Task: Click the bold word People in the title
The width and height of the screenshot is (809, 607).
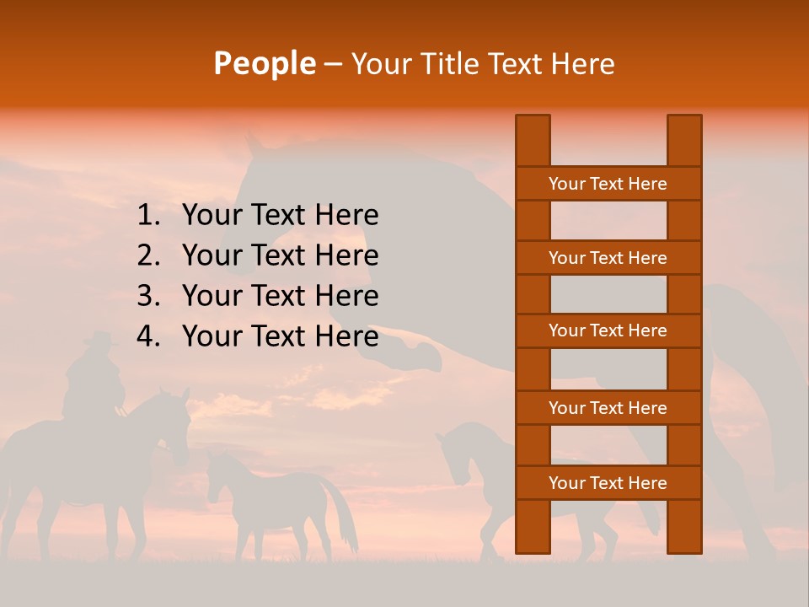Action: (265, 63)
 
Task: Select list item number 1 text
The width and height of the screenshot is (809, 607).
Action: (280, 215)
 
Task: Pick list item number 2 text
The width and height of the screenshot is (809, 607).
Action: (280, 255)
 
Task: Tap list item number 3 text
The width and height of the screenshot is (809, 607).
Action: (280, 296)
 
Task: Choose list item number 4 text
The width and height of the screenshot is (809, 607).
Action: (280, 336)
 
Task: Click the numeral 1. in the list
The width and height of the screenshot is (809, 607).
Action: (148, 215)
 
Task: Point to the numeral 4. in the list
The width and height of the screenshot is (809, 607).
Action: (148, 336)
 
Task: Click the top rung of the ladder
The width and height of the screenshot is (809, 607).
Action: (608, 184)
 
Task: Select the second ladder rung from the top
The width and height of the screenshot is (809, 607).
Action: (608, 258)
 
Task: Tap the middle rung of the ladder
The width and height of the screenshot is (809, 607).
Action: (608, 330)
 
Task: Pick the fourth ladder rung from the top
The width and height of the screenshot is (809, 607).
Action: (608, 408)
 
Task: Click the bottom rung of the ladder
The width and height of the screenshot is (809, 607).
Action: (608, 483)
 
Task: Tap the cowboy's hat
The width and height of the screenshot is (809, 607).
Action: (100, 339)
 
